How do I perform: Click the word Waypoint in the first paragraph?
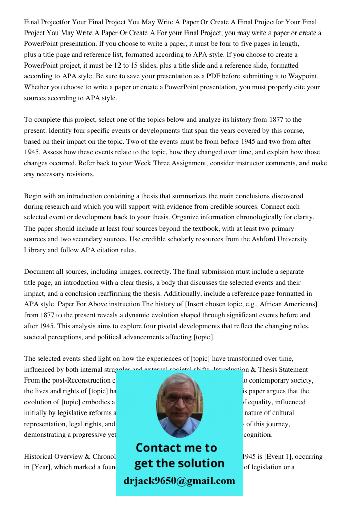coord(304,76)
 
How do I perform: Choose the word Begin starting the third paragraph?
coord(34,196)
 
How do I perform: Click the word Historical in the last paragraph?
coord(41,456)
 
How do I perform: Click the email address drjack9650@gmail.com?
coord(179,481)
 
